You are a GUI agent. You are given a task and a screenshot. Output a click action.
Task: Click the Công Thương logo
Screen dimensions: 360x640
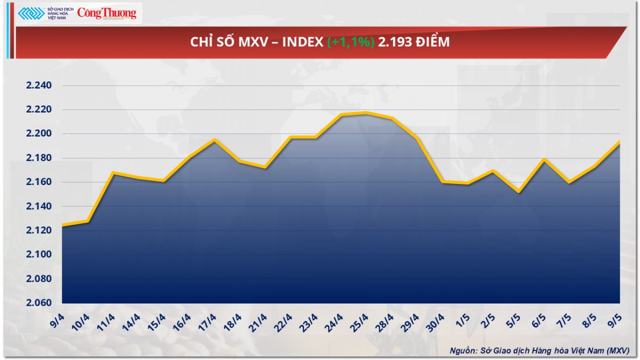[x=107, y=13]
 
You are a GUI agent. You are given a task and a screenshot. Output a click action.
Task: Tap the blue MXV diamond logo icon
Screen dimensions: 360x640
[x=30, y=13]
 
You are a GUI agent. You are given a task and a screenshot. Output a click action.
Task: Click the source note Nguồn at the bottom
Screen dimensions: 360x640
[x=462, y=350]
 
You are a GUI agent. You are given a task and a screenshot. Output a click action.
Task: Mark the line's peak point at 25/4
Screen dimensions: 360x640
[x=366, y=113]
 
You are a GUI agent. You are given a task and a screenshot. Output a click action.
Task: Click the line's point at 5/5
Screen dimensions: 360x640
[x=518, y=191]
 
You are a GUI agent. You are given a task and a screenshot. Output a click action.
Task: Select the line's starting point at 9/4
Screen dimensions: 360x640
[x=62, y=226]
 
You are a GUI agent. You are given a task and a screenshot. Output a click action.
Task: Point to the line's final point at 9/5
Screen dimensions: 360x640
[x=619, y=141]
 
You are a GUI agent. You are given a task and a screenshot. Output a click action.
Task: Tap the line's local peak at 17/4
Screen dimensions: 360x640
[x=214, y=140]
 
